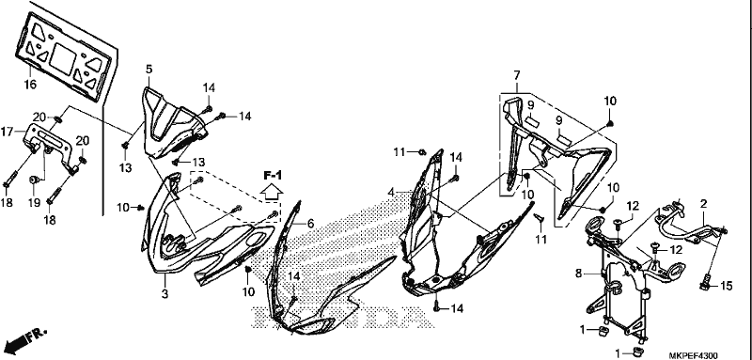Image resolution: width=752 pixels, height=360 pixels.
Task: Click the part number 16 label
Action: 30,85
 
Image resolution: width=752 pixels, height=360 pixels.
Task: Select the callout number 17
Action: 7,131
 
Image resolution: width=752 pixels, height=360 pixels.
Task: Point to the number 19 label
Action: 33,202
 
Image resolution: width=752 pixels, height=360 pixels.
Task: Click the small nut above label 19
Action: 35,180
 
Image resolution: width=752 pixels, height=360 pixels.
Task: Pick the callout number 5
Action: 149,70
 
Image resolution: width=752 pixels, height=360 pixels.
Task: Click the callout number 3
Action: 165,294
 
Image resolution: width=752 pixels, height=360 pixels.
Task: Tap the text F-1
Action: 272,176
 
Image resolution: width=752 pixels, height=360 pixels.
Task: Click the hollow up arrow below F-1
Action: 272,194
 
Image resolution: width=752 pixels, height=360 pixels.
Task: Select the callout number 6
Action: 310,224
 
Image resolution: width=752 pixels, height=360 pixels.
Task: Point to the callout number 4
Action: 391,193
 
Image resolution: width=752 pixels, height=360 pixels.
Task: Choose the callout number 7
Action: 516,75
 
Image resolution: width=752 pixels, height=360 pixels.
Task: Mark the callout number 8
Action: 579,274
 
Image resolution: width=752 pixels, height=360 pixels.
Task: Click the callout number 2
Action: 703,204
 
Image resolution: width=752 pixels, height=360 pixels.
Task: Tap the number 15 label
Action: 727,286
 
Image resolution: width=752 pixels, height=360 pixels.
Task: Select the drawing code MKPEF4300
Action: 694,355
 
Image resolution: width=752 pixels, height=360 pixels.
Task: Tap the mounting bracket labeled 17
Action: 49,149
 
